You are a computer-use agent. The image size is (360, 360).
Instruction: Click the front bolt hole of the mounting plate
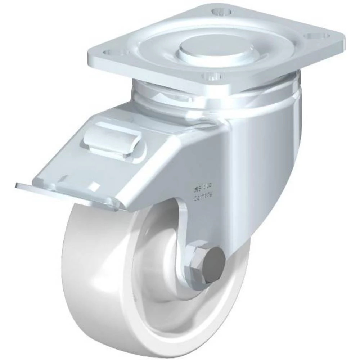[211, 76]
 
